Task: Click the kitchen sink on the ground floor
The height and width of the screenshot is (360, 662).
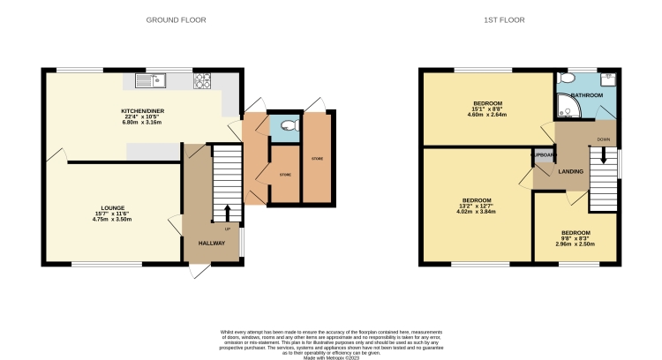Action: (x=151, y=81)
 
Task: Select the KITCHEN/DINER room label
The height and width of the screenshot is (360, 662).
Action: (x=143, y=110)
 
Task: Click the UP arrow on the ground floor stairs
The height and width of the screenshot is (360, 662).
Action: (x=228, y=213)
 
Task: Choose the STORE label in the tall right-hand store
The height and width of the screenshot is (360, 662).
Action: (x=316, y=158)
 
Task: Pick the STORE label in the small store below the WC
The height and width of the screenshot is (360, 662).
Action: (x=285, y=175)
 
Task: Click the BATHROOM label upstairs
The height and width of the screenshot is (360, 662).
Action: (x=585, y=95)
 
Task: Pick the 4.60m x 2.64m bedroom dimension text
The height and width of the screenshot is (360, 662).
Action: (x=487, y=115)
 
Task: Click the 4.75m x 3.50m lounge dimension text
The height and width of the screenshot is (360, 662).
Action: (x=112, y=218)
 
